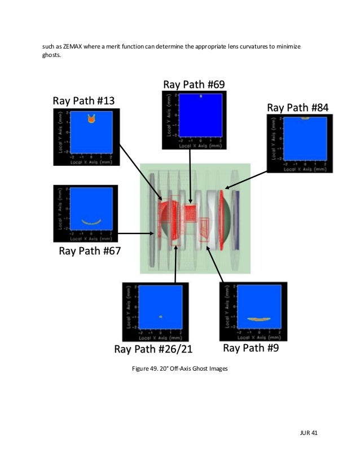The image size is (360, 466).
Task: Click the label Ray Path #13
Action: pyautogui.click(x=84, y=102)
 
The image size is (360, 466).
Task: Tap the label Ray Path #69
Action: pyautogui.click(x=194, y=85)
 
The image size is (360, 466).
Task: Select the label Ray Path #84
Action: pyautogui.click(x=297, y=107)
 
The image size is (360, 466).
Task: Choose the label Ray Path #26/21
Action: pyautogui.click(x=153, y=349)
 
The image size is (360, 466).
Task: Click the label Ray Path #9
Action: pyautogui.click(x=251, y=348)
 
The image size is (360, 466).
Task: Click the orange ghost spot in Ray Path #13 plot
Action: pyautogui.click(x=90, y=120)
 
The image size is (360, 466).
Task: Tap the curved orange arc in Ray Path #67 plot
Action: pyautogui.click(x=90, y=222)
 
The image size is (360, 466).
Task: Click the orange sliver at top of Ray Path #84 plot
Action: pyautogui.click(x=305, y=118)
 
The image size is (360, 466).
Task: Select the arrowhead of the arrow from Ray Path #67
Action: pyautogui.click(x=156, y=232)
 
